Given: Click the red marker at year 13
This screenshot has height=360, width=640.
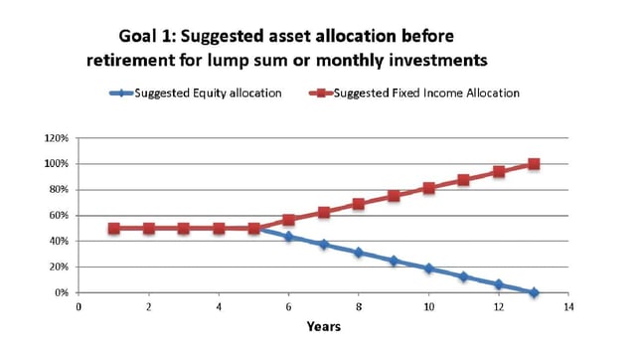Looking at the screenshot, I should click(x=534, y=164).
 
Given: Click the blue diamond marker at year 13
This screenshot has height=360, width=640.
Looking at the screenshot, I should click(x=534, y=292).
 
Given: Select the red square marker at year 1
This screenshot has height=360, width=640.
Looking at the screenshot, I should click(x=114, y=228).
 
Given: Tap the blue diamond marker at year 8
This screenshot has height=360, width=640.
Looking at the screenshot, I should click(x=359, y=253).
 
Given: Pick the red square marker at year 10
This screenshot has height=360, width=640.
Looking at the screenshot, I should click(x=428, y=188).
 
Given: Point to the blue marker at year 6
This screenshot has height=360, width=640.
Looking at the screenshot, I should click(x=289, y=237).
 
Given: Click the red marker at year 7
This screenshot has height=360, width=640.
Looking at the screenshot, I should click(x=324, y=212).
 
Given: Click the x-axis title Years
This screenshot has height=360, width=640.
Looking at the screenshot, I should click(x=323, y=326).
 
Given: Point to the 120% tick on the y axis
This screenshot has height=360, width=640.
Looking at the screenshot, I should click(x=55, y=137).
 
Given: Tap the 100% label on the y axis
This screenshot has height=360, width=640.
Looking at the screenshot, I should click(x=55, y=163).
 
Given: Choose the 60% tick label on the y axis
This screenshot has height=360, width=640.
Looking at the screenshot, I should click(x=57, y=215).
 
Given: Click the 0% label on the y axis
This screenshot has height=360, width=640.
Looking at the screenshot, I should click(x=60, y=292).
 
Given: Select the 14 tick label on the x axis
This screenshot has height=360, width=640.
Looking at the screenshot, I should click(x=568, y=308).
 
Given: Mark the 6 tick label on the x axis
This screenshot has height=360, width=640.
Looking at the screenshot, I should click(x=289, y=308).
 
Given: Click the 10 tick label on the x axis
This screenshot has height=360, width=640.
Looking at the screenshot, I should click(x=428, y=308).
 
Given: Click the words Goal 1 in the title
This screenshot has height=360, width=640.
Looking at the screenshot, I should click(x=152, y=36).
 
